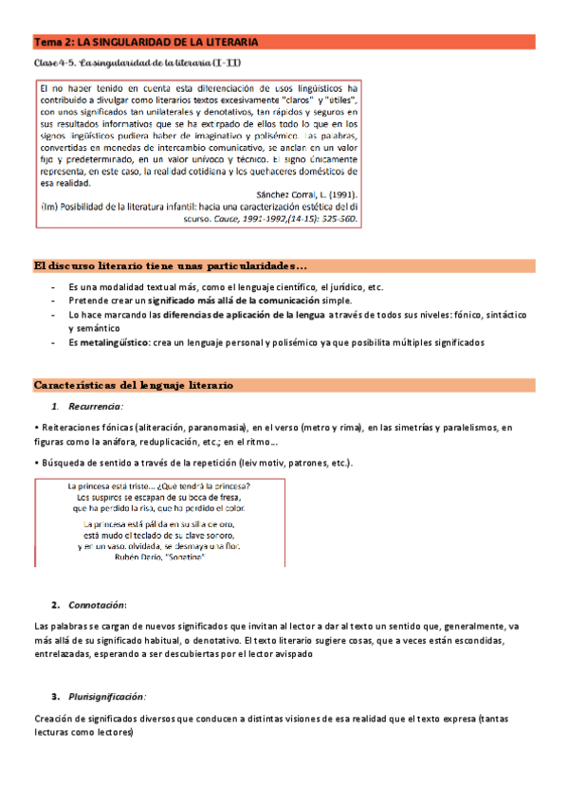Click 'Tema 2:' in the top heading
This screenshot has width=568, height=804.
53,43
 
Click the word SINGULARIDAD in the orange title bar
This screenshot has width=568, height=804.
136,43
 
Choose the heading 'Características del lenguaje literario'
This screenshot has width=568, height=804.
133,385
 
